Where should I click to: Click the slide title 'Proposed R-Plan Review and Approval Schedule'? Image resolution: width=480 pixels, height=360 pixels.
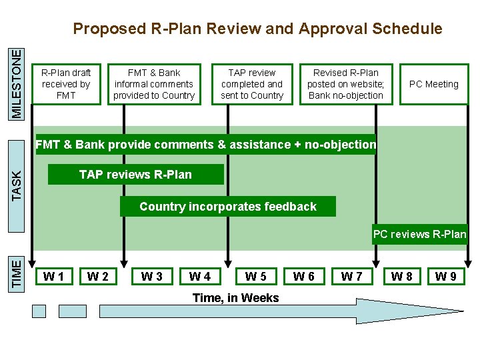[257, 29]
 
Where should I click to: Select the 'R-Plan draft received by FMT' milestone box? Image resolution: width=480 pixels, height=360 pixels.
[66, 84]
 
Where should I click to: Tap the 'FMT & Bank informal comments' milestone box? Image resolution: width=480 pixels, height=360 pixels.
[154, 84]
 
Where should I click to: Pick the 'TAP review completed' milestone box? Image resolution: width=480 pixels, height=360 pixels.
[252, 84]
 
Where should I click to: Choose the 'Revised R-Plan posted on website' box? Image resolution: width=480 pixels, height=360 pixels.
[345, 84]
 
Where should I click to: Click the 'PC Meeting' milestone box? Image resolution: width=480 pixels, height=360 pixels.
[433, 84]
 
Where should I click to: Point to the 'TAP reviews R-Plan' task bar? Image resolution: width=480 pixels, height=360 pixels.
[135, 175]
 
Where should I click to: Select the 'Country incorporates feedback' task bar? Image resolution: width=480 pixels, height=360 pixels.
[228, 207]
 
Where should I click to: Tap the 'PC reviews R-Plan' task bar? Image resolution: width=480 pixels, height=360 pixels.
[419, 234]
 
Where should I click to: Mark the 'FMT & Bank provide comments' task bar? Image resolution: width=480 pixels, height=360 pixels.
[205, 145]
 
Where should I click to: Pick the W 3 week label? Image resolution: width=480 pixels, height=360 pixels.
[152, 276]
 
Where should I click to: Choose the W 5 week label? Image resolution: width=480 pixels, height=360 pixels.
[256, 276]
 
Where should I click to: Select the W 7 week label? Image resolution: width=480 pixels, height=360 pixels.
[352, 276]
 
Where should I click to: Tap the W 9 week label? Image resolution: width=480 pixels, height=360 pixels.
[445, 276]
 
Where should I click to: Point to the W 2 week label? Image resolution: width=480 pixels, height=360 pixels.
[98, 276]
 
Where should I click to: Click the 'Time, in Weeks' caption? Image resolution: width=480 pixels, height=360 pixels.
[235, 298]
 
